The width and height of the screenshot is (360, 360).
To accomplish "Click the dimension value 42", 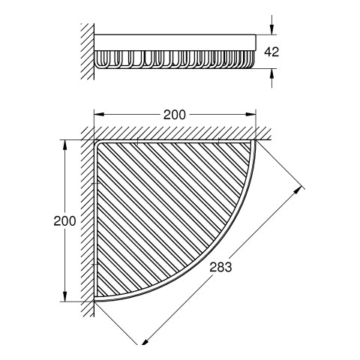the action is tap(271, 52).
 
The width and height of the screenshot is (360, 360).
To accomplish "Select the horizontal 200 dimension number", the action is tap(175, 115).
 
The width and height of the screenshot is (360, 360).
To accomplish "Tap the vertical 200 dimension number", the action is tap(64, 221).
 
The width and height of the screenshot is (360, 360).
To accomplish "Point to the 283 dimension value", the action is tap(220, 267).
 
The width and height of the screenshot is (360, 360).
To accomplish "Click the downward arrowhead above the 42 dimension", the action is tap(272, 29).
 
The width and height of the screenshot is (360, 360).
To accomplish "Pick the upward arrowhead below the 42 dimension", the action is tap(272, 73).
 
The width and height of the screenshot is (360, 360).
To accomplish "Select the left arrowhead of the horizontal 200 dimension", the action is tap(99, 114).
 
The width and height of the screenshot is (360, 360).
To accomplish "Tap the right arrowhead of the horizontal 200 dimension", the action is tap(250, 114).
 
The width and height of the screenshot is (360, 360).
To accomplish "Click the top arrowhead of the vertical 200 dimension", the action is tap(65, 145).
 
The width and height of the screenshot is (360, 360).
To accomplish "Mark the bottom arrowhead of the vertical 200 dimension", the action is tap(65, 296).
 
